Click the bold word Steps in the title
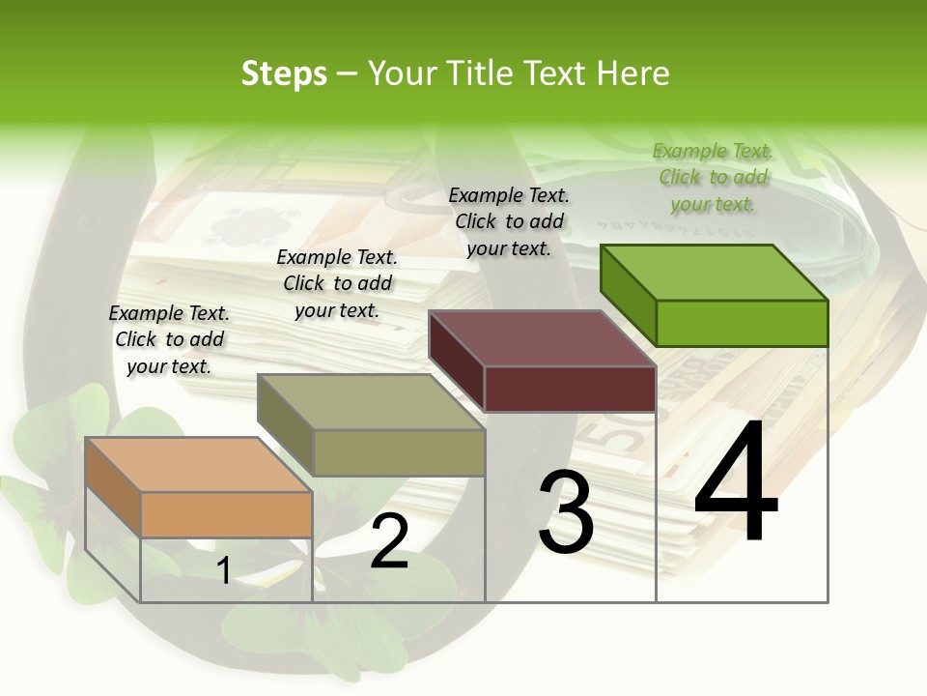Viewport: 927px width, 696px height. [284, 73]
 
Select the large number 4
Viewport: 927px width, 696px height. [736, 483]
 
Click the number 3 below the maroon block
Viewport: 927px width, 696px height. [566, 512]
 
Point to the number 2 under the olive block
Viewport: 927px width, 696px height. [389, 541]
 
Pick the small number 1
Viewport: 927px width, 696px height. [223, 571]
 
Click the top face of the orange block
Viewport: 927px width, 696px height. [198, 464]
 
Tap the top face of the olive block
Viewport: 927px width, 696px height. [371, 401]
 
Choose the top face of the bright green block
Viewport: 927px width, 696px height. [715, 272]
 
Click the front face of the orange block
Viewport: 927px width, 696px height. [226, 514]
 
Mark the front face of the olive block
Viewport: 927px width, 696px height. [399, 452]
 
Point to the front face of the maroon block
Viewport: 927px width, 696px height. [570, 389]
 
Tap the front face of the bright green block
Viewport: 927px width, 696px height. [742, 323]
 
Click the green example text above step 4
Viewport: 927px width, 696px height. [713, 178]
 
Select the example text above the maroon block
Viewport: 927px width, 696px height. [509, 221]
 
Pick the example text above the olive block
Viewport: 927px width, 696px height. [337, 283]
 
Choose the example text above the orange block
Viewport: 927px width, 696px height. [169, 339]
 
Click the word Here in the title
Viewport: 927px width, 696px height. [632, 73]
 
